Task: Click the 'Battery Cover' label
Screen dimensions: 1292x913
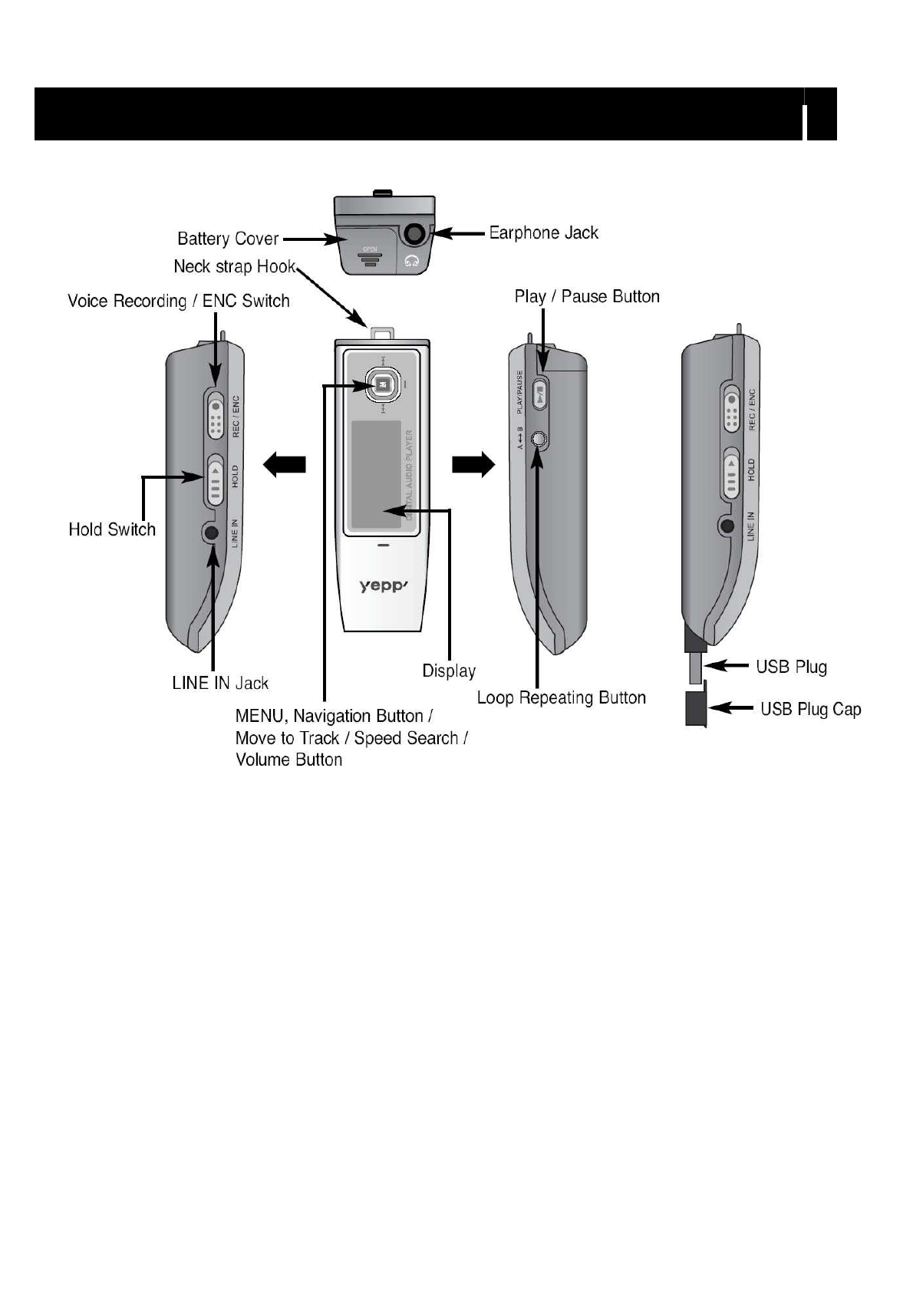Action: [x=228, y=239]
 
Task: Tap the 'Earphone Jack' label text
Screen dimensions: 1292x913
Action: [x=543, y=232]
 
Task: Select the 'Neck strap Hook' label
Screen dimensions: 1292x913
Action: [x=234, y=267]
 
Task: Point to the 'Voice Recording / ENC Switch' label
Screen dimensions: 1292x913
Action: [x=179, y=301]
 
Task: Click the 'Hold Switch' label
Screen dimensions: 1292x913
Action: [x=112, y=529]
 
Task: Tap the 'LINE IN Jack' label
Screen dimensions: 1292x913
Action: [x=220, y=683]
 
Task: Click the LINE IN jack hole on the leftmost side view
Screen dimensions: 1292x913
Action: [x=210, y=532]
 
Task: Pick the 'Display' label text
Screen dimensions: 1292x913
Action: [x=449, y=671]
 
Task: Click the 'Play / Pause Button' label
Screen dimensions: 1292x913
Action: [x=587, y=297]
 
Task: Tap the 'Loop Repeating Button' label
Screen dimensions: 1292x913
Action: [x=561, y=697]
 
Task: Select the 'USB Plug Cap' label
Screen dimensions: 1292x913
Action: [x=810, y=709]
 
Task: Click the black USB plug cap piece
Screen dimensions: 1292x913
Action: [x=695, y=707]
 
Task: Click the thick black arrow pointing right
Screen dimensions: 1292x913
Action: [x=473, y=465]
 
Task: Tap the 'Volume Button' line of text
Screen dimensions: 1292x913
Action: [x=288, y=760]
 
